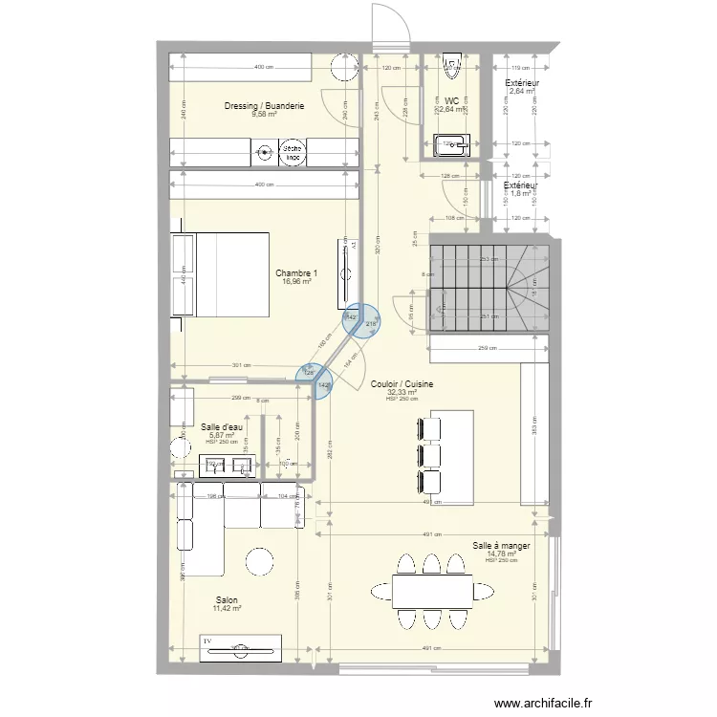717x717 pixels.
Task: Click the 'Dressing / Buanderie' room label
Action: [264, 105]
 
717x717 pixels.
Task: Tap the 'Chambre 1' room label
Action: [297, 272]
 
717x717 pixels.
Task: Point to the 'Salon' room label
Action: [227, 599]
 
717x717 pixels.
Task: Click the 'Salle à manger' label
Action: [502, 545]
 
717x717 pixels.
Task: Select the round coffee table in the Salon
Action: [257, 561]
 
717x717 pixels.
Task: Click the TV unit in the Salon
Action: [240, 647]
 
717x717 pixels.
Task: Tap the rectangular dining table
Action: [432, 591]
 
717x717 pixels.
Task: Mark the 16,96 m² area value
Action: [297, 282]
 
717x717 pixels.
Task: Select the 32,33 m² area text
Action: [402, 392]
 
